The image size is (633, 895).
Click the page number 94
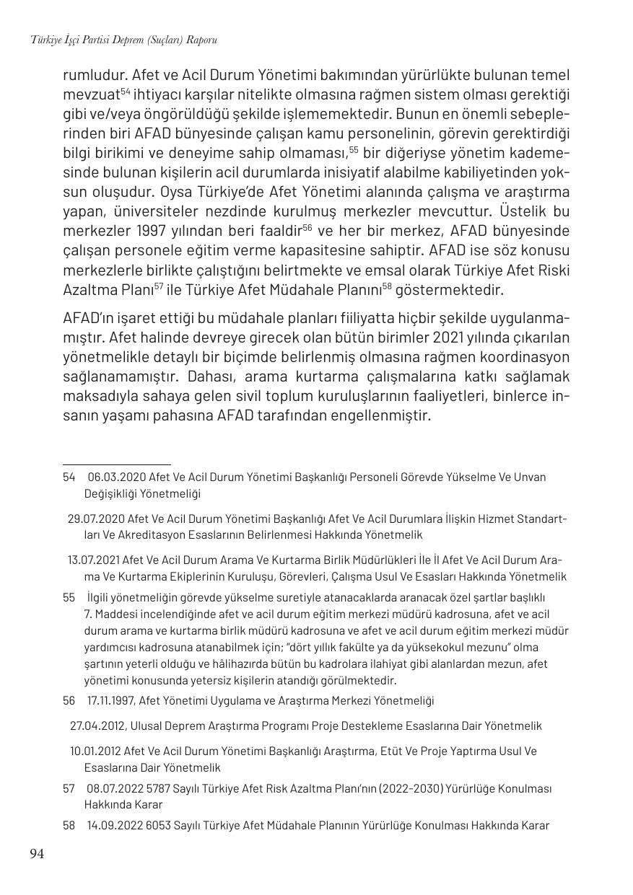tap(37, 854)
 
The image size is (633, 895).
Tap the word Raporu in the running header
tap(201, 40)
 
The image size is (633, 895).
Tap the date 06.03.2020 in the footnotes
tap(116, 477)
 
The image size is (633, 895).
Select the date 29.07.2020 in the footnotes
tap(95, 519)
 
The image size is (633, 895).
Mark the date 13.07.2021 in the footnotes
tap(93, 560)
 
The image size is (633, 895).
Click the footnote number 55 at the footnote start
tap(69, 597)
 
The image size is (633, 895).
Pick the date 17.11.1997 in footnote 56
tap(111, 701)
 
